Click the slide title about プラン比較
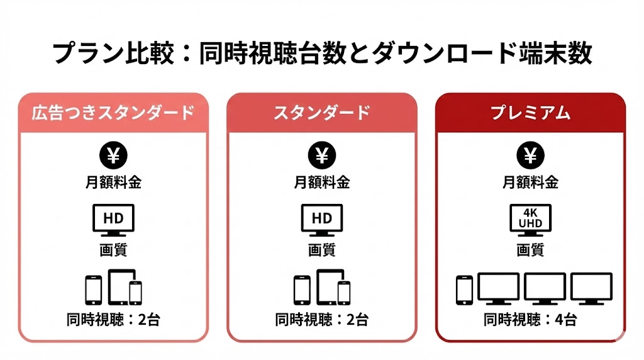click(322, 53)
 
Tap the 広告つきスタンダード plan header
click(113, 113)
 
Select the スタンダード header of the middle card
click(322, 113)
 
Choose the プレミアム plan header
click(531, 113)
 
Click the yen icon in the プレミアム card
click(531, 155)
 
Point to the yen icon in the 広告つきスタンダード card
click(113, 155)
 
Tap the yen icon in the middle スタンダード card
click(322, 155)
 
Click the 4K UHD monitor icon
click(531, 220)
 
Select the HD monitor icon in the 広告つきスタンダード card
click(113, 220)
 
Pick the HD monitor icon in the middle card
click(322, 220)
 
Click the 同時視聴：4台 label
click(530, 319)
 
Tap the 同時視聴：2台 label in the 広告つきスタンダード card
click(113, 319)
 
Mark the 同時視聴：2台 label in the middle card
click(322, 319)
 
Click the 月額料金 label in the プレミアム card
click(531, 182)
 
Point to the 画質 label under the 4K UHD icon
click(531, 249)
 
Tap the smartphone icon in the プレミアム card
click(465, 290)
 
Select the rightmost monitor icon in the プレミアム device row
click(591, 288)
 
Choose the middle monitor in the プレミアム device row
click(545, 288)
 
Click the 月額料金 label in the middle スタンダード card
click(322, 182)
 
